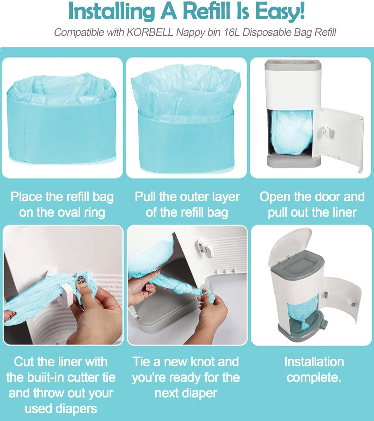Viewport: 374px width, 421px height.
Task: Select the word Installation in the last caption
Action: pyautogui.click(x=314, y=362)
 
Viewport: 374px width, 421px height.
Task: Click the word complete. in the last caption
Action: pyautogui.click(x=314, y=377)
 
